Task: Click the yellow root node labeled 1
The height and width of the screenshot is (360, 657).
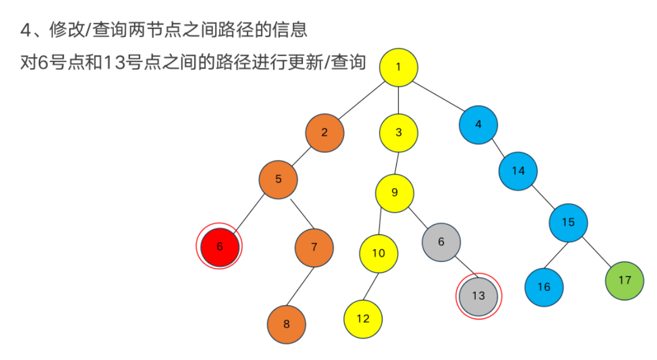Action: (x=398, y=66)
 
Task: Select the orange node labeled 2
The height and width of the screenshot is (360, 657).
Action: (x=325, y=132)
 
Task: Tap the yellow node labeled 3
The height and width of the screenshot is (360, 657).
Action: (x=398, y=132)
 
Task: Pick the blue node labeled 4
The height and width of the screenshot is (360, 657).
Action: (x=478, y=125)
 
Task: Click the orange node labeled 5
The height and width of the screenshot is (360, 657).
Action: (x=278, y=179)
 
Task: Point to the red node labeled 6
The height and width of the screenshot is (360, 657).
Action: (x=220, y=247)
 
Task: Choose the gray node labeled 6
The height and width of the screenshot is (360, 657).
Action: (x=441, y=242)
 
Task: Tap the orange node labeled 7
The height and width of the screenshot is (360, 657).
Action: (x=314, y=247)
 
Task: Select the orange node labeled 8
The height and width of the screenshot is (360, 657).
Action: (x=287, y=324)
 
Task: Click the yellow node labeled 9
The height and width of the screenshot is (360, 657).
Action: (x=395, y=193)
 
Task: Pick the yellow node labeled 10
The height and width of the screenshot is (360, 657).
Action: (x=378, y=253)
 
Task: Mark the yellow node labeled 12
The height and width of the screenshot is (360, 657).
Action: (x=363, y=319)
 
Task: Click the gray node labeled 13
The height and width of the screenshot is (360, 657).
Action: (x=478, y=296)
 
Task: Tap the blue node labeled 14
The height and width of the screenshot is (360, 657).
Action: (x=518, y=171)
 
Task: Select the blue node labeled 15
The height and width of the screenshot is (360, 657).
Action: (x=568, y=222)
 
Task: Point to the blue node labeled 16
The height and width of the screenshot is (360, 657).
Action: (x=544, y=287)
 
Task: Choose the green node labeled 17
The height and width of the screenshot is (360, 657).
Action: (x=625, y=280)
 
